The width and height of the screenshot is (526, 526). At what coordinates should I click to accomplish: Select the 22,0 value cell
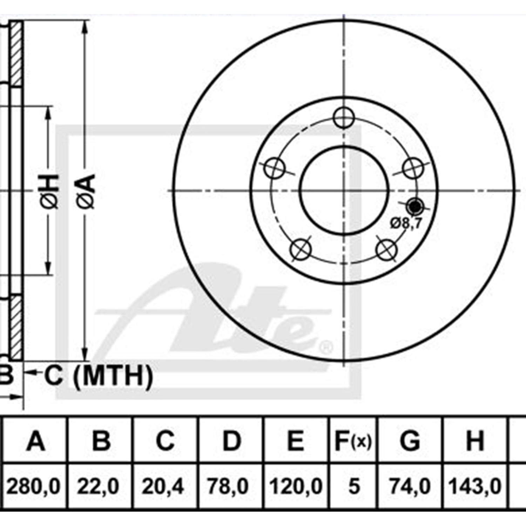(99, 486)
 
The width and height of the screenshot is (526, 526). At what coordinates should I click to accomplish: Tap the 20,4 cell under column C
(163, 486)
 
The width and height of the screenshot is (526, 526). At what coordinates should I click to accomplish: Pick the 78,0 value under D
(228, 486)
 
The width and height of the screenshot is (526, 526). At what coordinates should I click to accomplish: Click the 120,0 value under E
(296, 486)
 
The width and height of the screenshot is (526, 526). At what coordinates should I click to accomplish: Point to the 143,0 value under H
(475, 486)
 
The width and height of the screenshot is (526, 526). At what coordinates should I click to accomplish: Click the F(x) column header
(353, 441)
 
